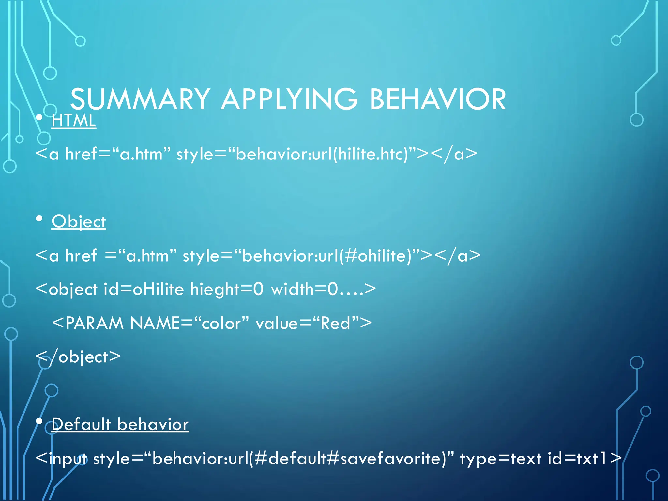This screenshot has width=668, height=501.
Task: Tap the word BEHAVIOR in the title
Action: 437,99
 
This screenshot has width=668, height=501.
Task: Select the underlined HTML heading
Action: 74,120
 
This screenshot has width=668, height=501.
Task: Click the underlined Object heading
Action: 79,222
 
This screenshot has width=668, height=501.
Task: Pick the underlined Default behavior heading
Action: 120,424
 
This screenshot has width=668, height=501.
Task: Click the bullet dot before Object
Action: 39,219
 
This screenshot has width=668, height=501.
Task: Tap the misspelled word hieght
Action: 214,289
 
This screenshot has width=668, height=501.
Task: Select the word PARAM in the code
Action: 94,323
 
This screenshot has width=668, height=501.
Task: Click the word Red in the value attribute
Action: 335,323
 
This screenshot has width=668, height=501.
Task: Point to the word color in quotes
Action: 221,323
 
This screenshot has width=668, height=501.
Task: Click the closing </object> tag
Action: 78,357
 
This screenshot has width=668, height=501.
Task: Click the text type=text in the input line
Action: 501,459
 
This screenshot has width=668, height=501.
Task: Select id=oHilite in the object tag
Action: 144,289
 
